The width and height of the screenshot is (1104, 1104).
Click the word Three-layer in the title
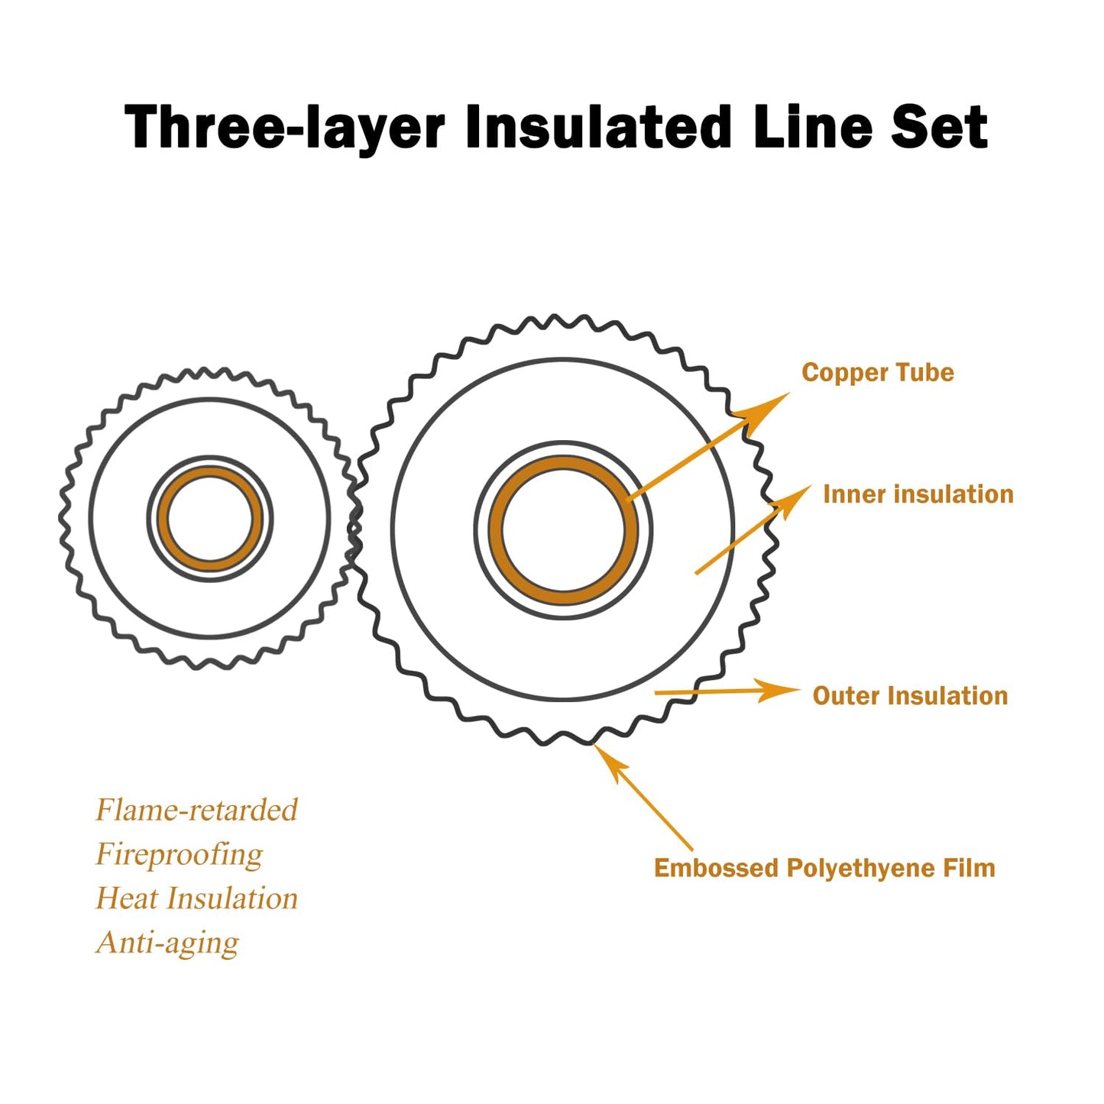pos(284,127)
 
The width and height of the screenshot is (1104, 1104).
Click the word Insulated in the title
pos(599,127)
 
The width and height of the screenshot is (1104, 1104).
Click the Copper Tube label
pos(877,373)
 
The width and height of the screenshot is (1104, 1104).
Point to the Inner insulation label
pos(918,494)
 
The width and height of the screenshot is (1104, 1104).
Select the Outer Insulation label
pos(910,696)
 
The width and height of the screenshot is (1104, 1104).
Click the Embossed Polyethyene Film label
pos(824,868)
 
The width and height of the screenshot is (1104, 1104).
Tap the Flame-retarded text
pos(196,810)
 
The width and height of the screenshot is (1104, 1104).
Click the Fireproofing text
pos(179,854)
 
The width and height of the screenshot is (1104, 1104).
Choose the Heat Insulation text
pos(196,898)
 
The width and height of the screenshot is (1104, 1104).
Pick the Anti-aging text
pos(167,943)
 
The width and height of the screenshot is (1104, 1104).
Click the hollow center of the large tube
pos(563,530)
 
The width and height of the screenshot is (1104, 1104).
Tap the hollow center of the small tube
pos(209,520)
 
